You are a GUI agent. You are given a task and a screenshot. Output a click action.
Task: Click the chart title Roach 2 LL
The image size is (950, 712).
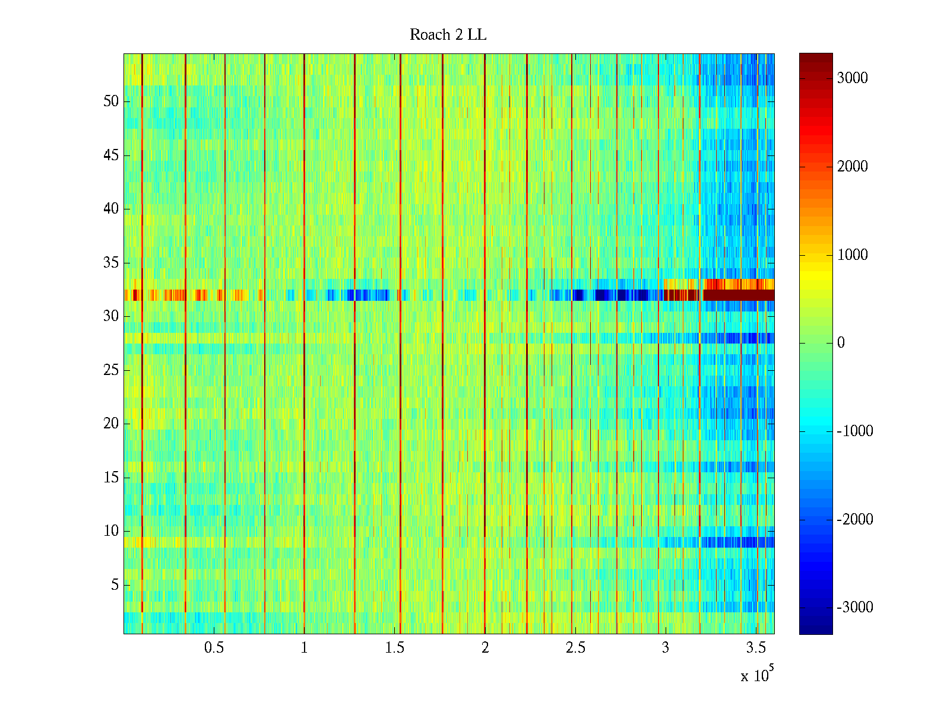[x=448, y=35]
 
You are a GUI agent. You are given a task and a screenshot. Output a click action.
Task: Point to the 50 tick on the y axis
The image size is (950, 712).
[x=111, y=101]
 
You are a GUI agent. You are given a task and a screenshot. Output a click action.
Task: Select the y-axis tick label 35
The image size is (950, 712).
[x=111, y=263]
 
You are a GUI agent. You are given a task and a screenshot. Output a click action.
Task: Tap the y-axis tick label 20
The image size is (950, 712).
[x=111, y=424]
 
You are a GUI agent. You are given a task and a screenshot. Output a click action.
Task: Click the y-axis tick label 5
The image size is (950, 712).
[x=115, y=585]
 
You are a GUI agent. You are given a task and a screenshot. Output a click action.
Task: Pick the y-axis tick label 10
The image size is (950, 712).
[x=111, y=531]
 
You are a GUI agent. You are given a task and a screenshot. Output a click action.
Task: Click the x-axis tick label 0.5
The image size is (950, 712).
[x=214, y=648]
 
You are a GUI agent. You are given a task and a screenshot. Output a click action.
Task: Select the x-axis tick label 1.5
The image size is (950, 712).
[x=394, y=648]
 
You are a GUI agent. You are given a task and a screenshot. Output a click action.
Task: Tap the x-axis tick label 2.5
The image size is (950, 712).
[x=575, y=648]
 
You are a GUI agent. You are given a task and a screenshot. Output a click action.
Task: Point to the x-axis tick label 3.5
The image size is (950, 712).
[x=756, y=648]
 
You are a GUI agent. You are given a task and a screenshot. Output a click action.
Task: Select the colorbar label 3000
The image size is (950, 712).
[x=852, y=78]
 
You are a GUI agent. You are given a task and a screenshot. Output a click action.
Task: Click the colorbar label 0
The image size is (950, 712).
[x=841, y=343]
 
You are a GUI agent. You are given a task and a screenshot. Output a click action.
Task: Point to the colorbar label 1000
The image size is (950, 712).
[x=852, y=255]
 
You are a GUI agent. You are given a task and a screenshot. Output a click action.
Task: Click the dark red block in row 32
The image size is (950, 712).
[x=739, y=295]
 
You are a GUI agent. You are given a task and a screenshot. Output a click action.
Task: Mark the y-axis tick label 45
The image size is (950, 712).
[x=111, y=155]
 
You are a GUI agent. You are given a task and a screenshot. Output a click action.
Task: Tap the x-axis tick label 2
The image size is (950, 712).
[x=485, y=648]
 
